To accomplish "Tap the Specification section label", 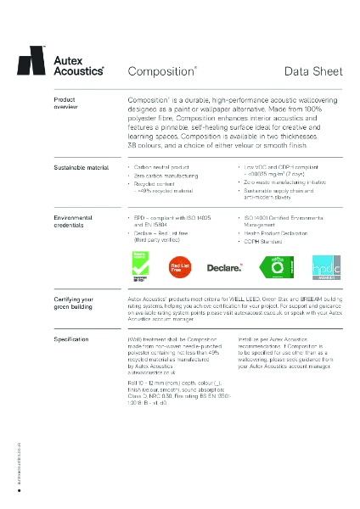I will point(72,338).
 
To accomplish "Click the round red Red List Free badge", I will point(180,267).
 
